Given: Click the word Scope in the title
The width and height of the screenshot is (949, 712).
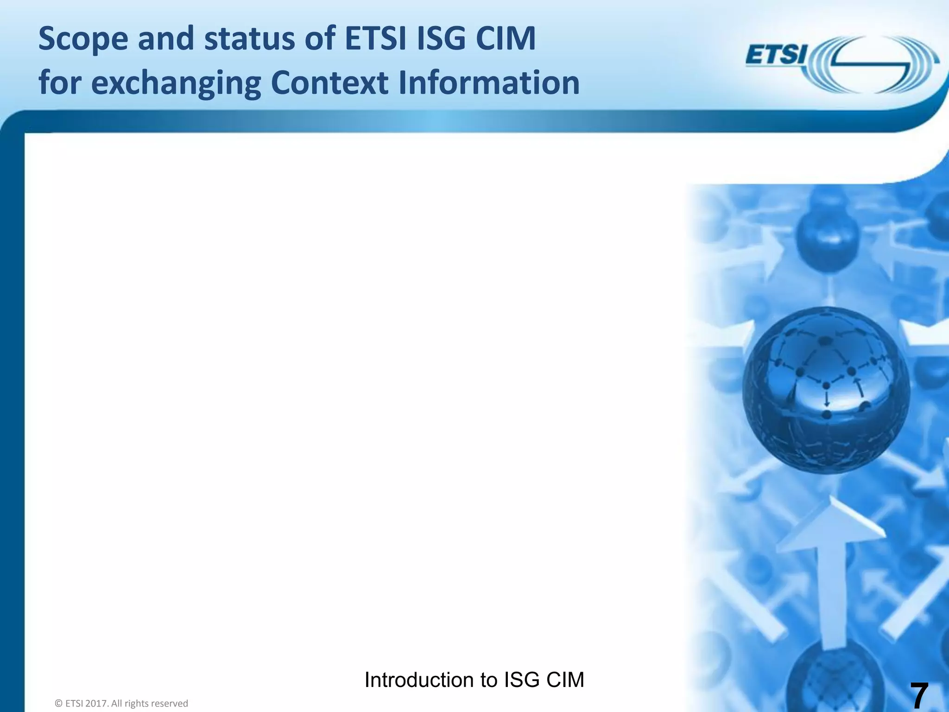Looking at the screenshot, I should pyautogui.click(x=83, y=39).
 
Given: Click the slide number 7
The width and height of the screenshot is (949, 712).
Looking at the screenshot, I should pyautogui.click(x=919, y=695).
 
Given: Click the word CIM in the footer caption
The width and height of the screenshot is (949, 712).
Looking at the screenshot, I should pyautogui.click(x=565, y=680).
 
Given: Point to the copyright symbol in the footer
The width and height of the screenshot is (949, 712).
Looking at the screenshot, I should pyautogui.click(x=58, y=704).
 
